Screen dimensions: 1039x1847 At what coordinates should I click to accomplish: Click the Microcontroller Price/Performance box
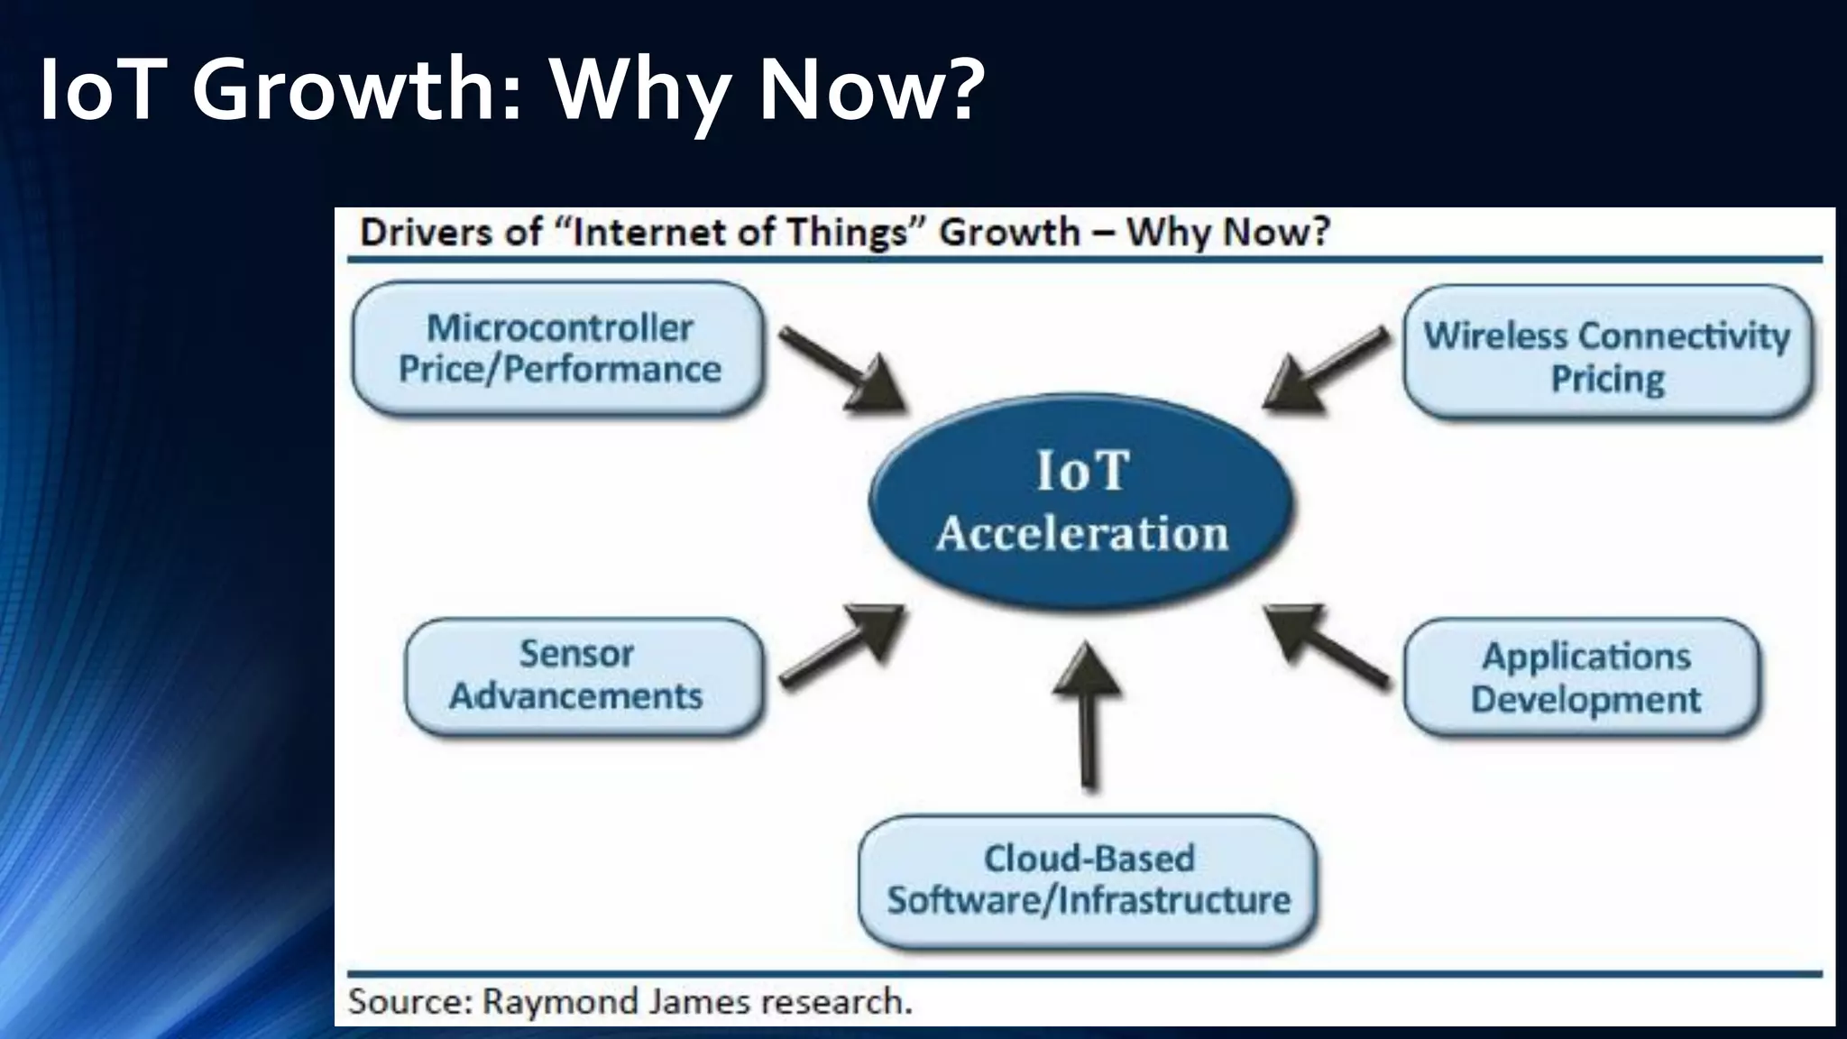click(558, 349)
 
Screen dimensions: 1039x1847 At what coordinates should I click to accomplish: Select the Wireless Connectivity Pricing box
click(1607, 353)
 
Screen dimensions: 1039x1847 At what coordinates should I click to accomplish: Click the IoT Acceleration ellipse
click(1081, 501)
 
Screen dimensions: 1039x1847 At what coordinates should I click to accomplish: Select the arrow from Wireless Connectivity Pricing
click(1326, 369)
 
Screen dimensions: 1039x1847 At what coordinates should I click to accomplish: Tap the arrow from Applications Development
click(1326, 645)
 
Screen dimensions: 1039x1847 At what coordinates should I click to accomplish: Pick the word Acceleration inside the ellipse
click(1081, 533)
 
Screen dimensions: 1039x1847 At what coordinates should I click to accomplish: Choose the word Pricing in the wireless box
click(1607, 379)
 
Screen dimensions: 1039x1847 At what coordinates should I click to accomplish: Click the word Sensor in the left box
click(576, 654)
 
